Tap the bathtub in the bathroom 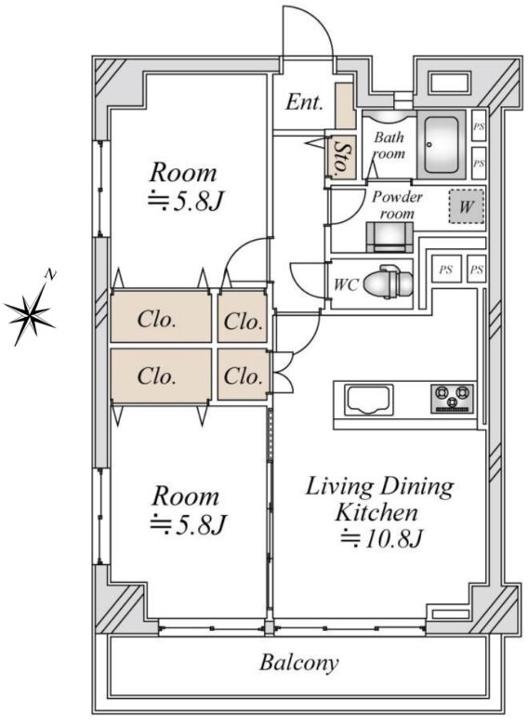pyautogui.click(x=441, y=144)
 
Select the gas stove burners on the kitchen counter pyautogui.click(x=452, y=398)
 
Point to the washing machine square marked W pyautogui.click(x=467, y=206)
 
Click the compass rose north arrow pyautogui.click(x=32, y=309)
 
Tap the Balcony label pyautogui.click(x=298, y=663)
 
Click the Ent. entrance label pyautogui.click(x=304, y=102)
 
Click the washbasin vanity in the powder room pyautogui.click(x=389, y=237)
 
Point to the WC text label pyautogui.click(x=346, y=284)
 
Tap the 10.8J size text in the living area pyautogui.click(x=382, y=539)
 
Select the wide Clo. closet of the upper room pyautogui.click(x=161, y=317)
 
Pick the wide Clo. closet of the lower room pyautogui.click(x=161, y=375)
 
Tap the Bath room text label pyautogui.click(x=389, y=145)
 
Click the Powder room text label pyautogui.click(x=397, y=205)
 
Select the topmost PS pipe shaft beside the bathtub pyautogui.click(x=479, y=125)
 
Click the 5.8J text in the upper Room pyautogui.click(x=186, y=201)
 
